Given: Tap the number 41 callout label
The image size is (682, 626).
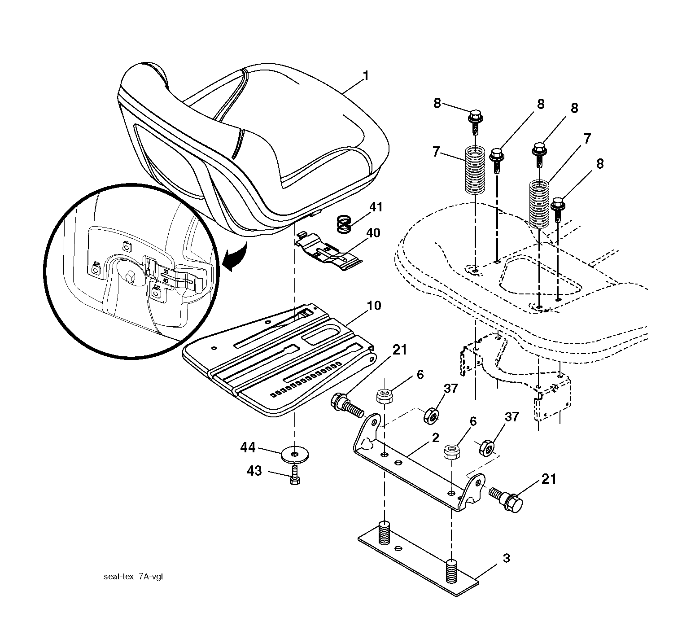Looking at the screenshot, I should [x=376, y=207].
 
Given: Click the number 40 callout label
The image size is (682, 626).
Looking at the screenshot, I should [x=373, y=233].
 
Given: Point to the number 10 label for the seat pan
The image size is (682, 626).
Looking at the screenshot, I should [x=373, y=306].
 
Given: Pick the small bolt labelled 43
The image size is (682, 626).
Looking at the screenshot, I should [x=294, y=475].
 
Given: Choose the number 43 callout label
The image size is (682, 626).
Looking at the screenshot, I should [x=254, y=472].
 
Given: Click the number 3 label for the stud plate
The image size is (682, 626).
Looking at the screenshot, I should [x=506, y=559].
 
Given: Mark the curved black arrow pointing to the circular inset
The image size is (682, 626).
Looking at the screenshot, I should [x=237, y=258].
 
